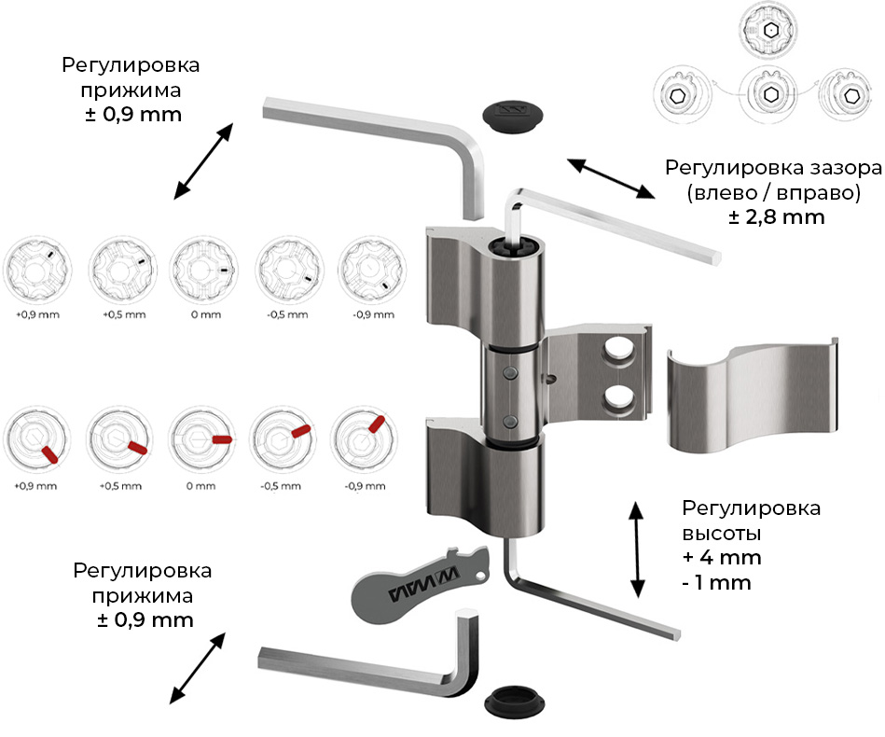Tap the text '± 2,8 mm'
click(778, 216)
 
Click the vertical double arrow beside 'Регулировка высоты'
click(638, 548)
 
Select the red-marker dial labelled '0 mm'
click(202, 439)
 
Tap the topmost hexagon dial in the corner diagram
click(770, 32)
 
